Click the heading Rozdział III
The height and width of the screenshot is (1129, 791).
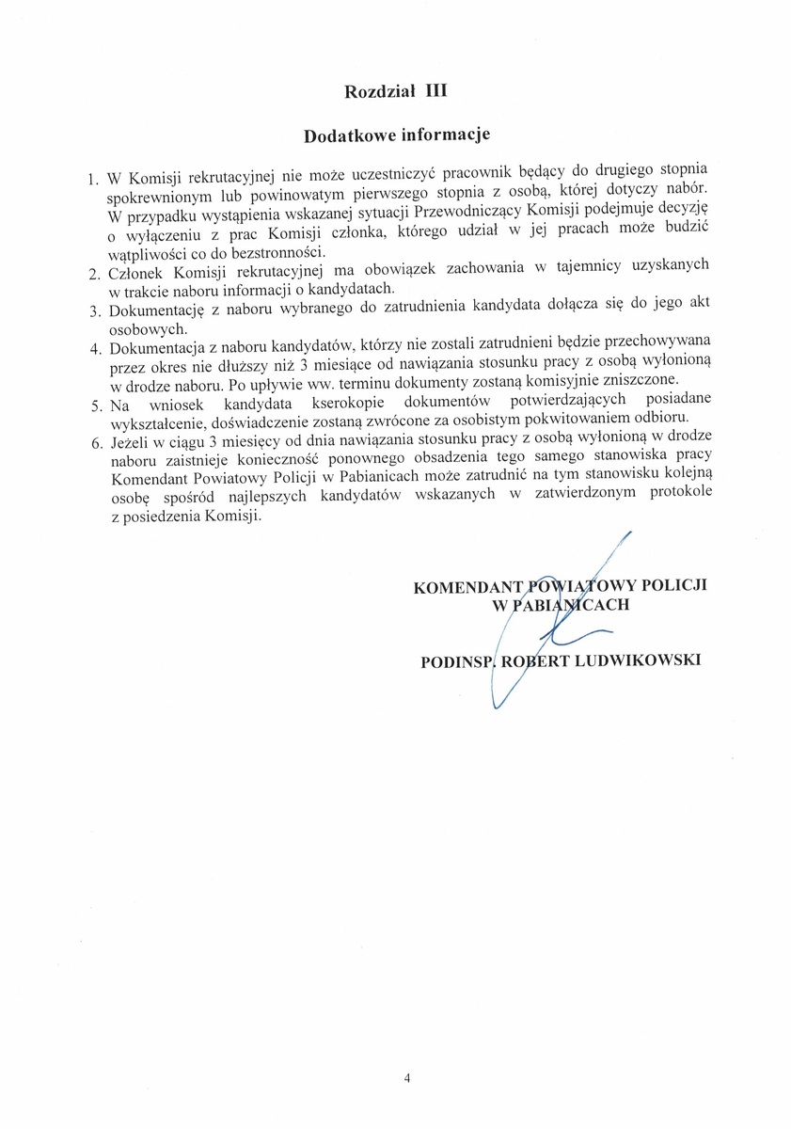(x=395, y=91)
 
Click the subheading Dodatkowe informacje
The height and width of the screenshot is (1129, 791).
(x=397, y=135)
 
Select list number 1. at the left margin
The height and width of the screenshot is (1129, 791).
(x=92, y=179)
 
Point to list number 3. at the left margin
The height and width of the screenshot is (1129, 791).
(x=93, y=311)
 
